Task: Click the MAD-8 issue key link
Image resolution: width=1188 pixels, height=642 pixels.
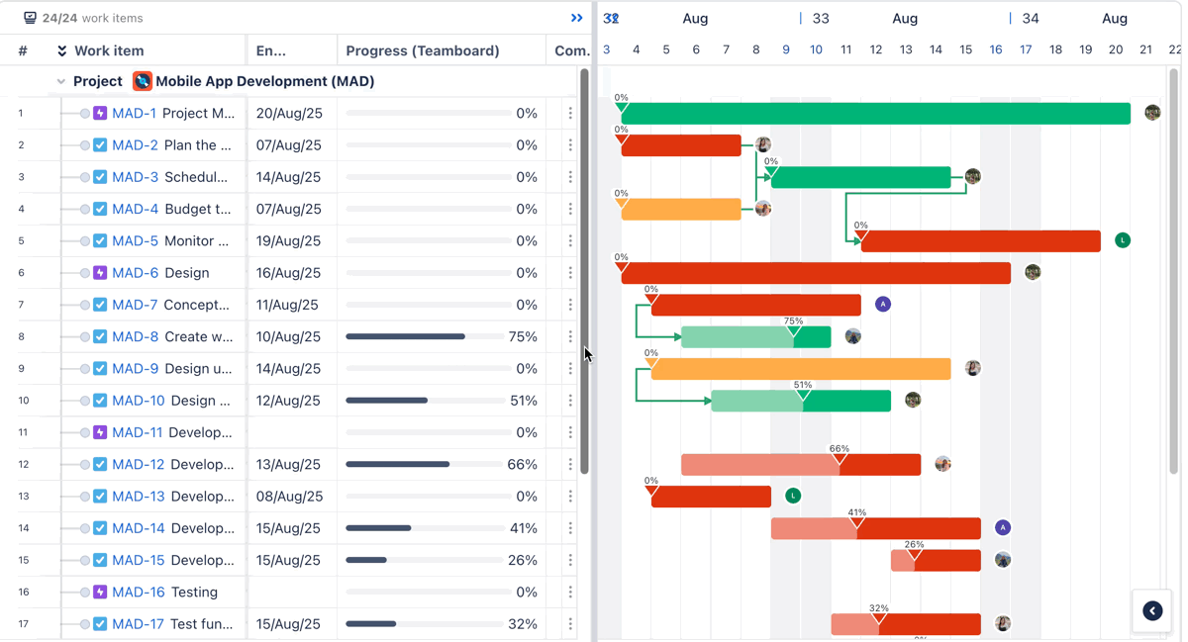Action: pyautogui.click(x=135, y=337)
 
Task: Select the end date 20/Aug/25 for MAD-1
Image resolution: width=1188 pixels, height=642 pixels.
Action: pyautogui.click(x=289, y=114)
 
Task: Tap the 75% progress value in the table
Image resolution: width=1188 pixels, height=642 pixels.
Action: pyautogui.click(x=523, y=337)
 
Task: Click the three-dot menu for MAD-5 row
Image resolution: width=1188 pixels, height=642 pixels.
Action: pyautogui.click(x=570, y=241)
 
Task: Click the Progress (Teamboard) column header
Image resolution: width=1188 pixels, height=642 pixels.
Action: pyautogui.click(x=423, y=50)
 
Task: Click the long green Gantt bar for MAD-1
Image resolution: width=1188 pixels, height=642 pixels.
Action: pyautogui.click(x=875, y=114)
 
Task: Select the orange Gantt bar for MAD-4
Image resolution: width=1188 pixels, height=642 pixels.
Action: pyautogui.click(x=681, y=209)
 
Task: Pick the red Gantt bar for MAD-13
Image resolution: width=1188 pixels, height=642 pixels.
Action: pyautogui.click(x=711, y=496)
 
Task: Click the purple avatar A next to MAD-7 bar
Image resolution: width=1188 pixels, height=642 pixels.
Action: pyautogui.click(x=883, y=304)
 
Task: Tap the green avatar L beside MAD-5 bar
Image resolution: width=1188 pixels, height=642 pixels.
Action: pyautogui.click(x=1122, y=240)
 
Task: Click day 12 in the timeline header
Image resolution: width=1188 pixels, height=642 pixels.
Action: pyautogui.click(x=876, y=49)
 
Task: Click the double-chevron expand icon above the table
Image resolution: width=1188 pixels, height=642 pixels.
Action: pyautogui.click(x=577, y=18)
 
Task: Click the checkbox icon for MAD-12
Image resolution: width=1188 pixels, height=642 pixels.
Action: pyautogui.click(x=100, y=464)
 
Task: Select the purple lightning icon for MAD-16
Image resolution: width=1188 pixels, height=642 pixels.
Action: pyautogui.click(x=100, y=592)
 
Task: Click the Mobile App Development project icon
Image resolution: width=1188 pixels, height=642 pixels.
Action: pyautogui.click(x=143, y=81)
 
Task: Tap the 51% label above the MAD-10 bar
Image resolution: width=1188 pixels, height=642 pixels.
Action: pyautogui.click(x=803, y=385)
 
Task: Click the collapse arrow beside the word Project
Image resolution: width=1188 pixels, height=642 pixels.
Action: pyautogui.click(x=61, y=82)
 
